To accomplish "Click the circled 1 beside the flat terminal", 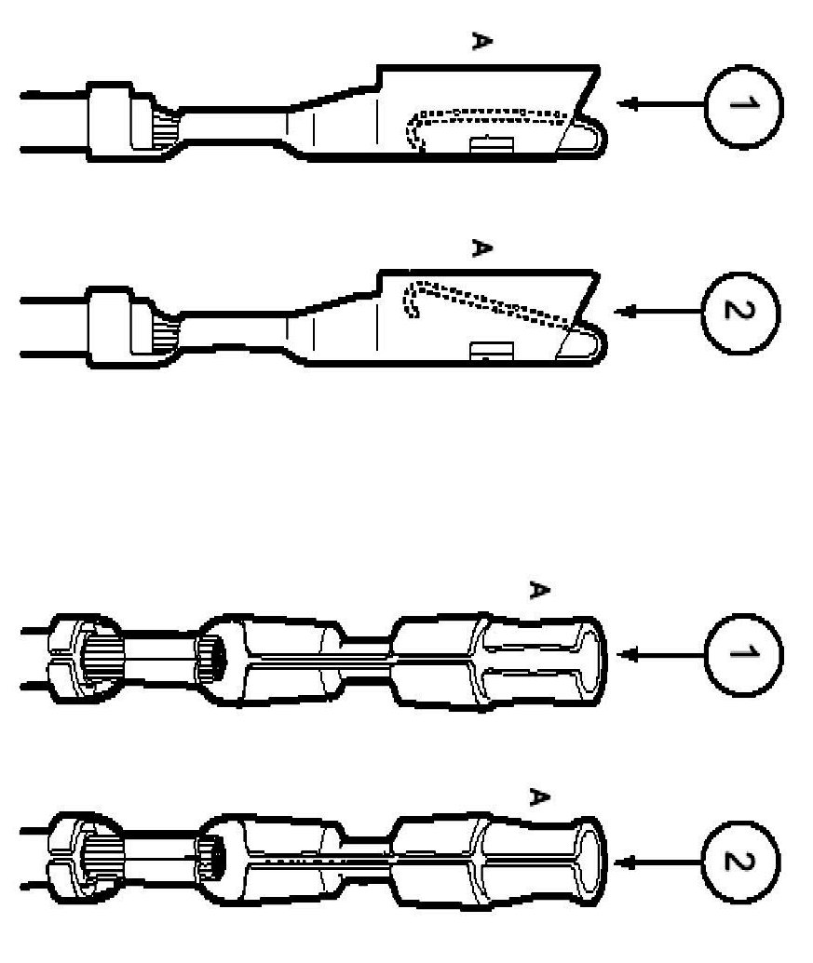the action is (x=742, y=104).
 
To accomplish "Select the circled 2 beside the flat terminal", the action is (x=742, y=312).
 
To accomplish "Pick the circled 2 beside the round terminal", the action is (x=742, y=863).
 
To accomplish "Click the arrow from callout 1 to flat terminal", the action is (x=661, y=104).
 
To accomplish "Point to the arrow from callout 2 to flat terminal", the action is (x=661, y=312).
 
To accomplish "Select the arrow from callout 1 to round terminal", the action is (x=661, y=655).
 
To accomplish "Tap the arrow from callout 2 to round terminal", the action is (x=661, y=863).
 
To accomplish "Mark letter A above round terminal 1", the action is (x=536, y=590).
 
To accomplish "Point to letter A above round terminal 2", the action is (x=536, y=797).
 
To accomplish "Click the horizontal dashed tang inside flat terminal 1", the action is (x=489, y=114).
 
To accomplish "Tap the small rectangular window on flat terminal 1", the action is (x=491, y=144).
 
